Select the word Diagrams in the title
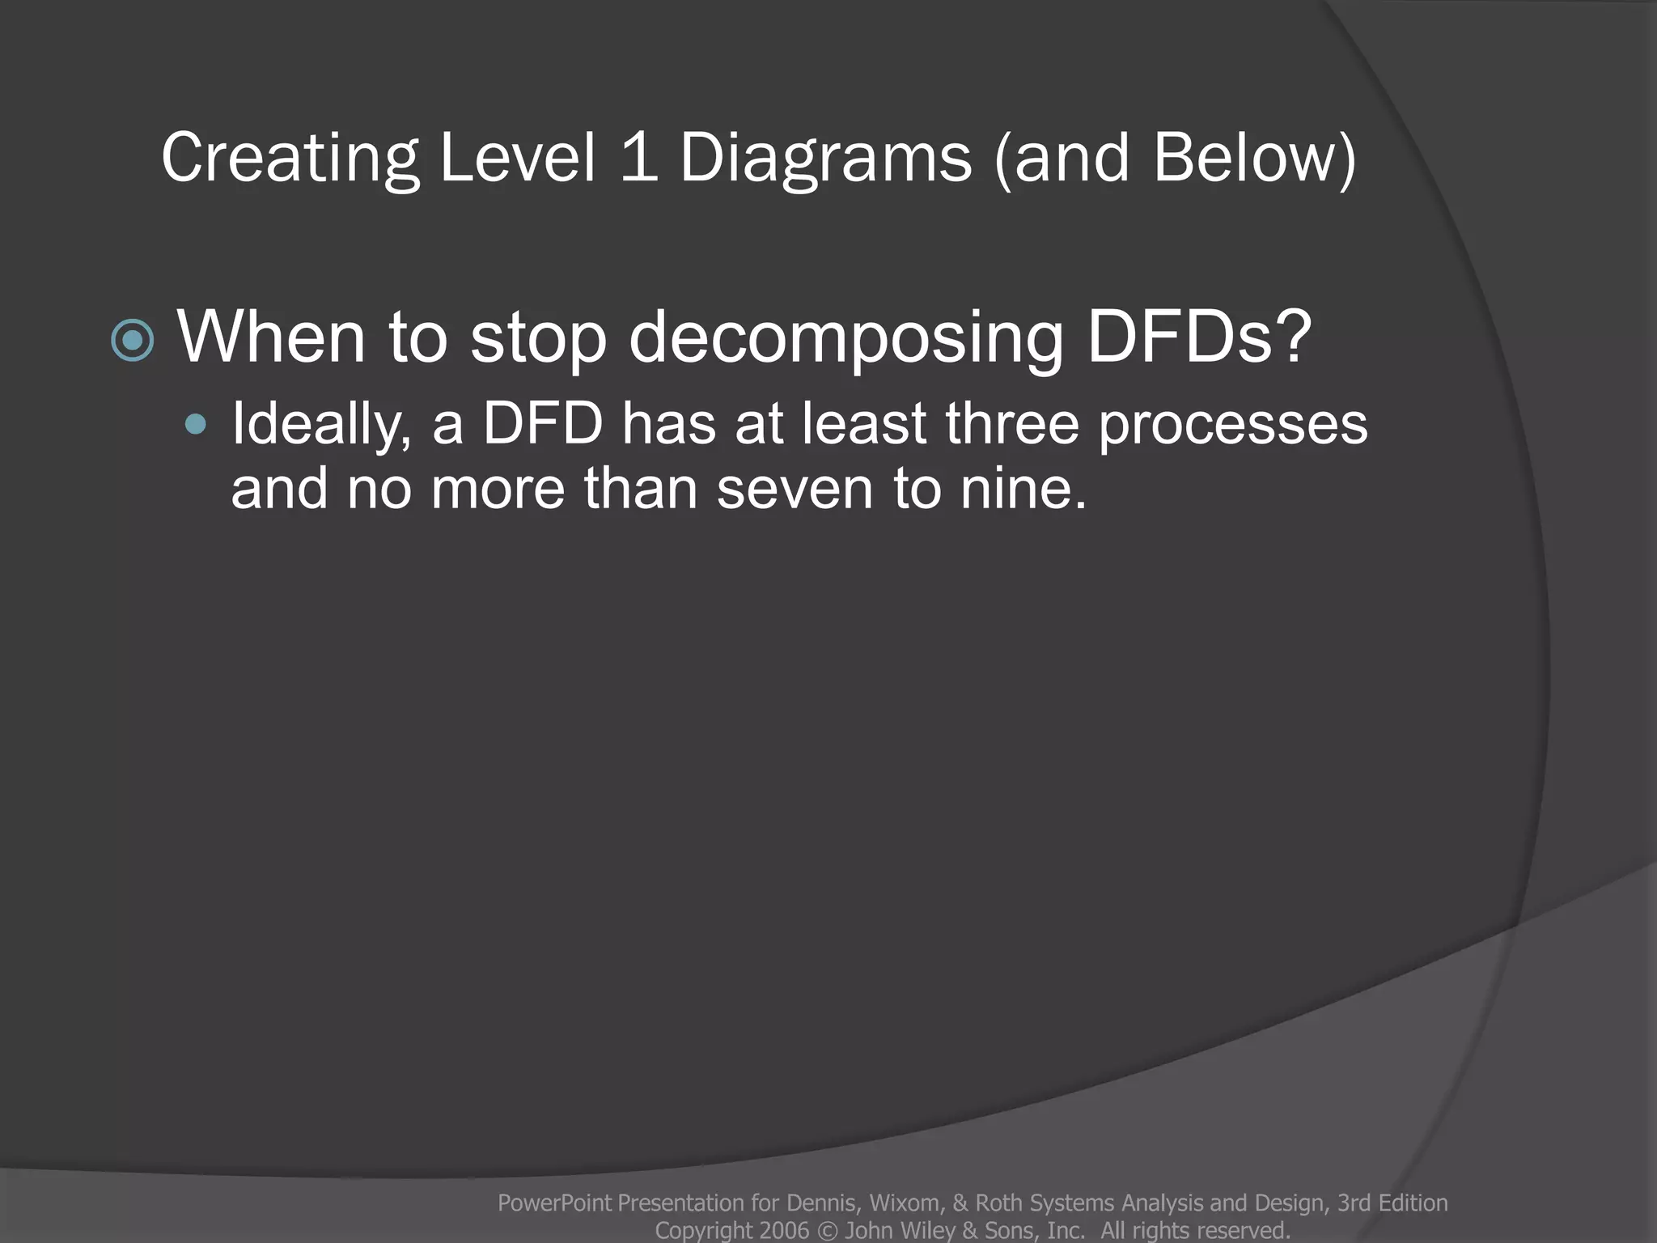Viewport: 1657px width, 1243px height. pyautogui.click(x=825, y=158)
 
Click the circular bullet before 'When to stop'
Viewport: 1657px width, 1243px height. pyautogui.click(x=133, y=340)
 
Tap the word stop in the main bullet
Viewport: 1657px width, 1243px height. pyautogui.click(x=538, y=338)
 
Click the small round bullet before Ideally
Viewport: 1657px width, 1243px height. pyautogui.click(x=195, y=424)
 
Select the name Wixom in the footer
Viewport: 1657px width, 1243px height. pyautogui.click(x=904, y=1203)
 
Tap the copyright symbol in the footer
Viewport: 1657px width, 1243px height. pyautogui.click(x=827, y=1231)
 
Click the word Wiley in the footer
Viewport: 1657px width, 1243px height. pyautogui.click(x=929, y=1231)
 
